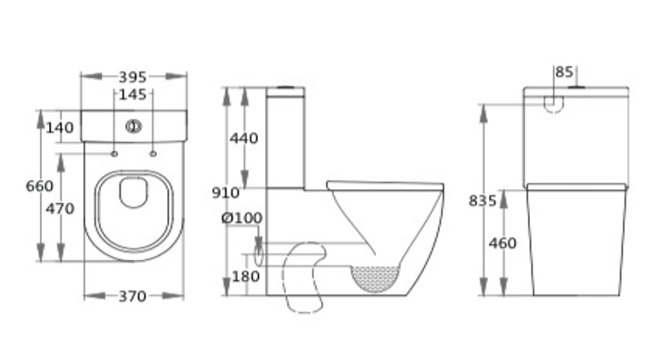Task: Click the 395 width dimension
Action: (133, 77)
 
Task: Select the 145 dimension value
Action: (133, 95)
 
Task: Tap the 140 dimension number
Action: (59, 127)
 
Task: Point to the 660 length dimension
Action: (40, 186)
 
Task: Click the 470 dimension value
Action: (60, 209)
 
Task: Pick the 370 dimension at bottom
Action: (133, 297)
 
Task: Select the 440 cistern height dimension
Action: (244, 138)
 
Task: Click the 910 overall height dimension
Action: (226, 193)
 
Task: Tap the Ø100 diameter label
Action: (242, 218)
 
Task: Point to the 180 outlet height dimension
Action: (246, 276)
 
